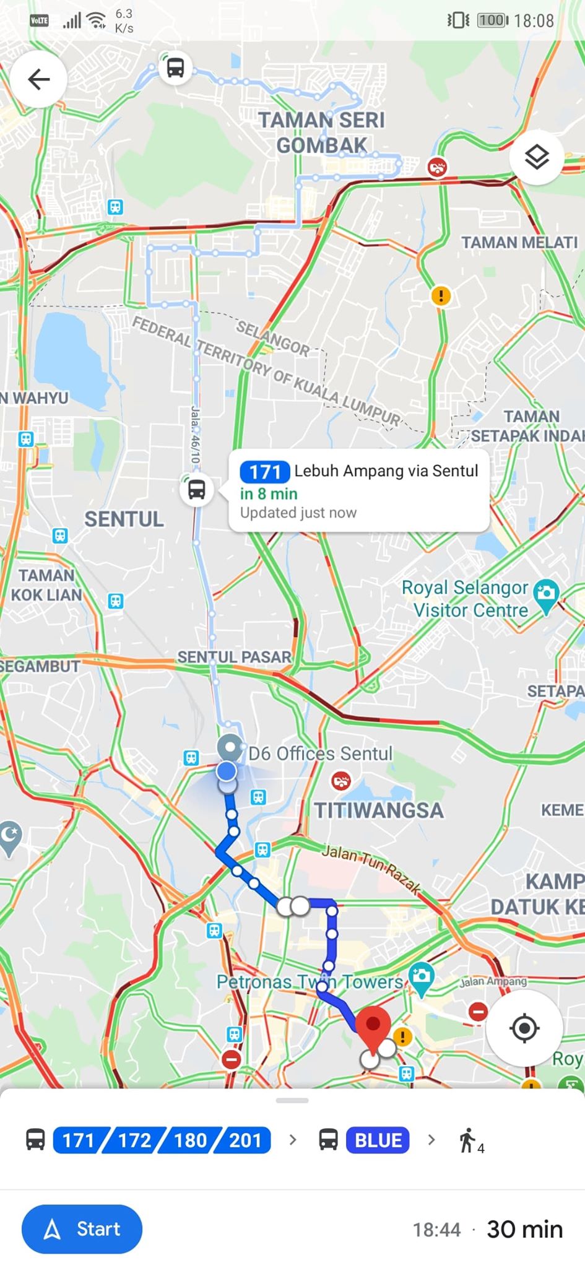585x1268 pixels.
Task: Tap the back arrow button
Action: tap(38, 79)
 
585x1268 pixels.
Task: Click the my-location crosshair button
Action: tap(524, 1028)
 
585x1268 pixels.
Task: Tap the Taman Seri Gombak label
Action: tap(321, 132)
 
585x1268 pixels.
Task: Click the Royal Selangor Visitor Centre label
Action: tap(465, 599)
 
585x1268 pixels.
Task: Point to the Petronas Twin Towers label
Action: tap(310, 982)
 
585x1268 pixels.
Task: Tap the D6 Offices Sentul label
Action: tap(320, 753)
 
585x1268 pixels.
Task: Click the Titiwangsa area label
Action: tap(379, 810)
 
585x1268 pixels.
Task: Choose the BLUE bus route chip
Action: tap(378, 1140)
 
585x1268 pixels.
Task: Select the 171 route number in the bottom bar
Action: tap(79, 1140)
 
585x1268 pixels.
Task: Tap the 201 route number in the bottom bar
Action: tap(245, 1140)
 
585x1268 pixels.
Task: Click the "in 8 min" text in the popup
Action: tap(269, 493)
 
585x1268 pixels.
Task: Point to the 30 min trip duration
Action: tap(525, 1229)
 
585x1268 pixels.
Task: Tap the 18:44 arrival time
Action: tap(436, 1230)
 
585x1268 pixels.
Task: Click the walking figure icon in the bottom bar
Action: tap(467, 1140)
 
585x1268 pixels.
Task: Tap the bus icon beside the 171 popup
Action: tap(197, 490)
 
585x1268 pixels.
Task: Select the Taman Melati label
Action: tap(519, 242)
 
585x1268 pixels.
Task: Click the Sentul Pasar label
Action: tap(234, 657)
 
